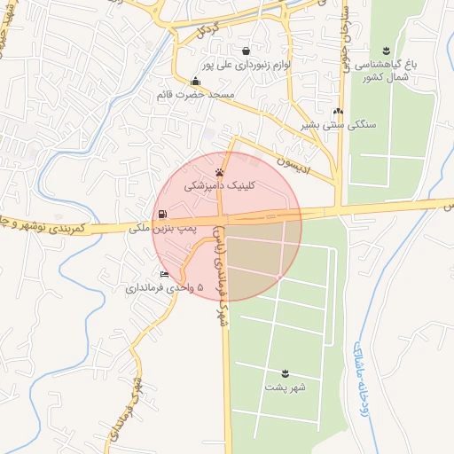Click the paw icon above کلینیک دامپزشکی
(x=219, y=172)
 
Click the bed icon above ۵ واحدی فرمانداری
(x=163, y=274)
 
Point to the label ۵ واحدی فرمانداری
(x=164, y=288)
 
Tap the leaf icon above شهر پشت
(x=285, y=372)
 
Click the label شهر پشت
(x=285, y=387)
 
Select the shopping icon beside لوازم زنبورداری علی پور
(x=244, y=51)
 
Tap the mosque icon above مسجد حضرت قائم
(x=194, y=82)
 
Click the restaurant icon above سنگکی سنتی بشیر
(x=337, y=111)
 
